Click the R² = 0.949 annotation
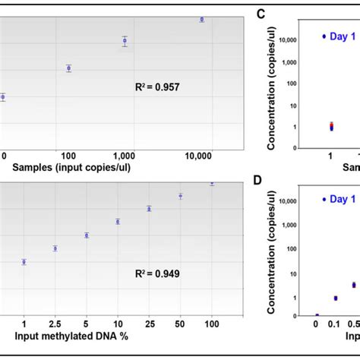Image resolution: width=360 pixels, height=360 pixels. (x=156, y=271)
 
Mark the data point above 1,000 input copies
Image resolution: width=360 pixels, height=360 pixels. (x=125, y=41)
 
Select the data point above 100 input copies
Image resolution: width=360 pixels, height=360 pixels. (x=68, y=68)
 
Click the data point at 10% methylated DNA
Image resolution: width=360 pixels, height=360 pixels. (x=118, y=222)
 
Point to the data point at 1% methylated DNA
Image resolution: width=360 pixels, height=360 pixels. (x=24, y=262)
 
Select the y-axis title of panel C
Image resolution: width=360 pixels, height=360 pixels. (x=272, y=82)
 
